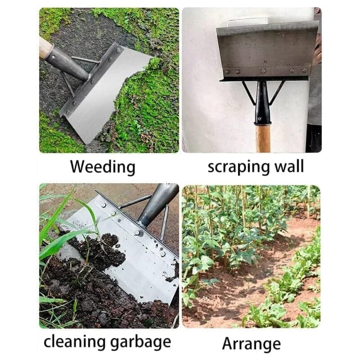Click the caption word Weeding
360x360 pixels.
coord(103,167)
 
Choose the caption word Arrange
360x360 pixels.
coord(251,344)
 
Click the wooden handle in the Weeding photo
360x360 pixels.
coord(45,47)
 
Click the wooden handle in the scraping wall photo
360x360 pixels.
coord(263,137)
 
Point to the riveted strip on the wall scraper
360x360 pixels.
coord(265,71)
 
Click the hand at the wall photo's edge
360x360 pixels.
coord(318,49)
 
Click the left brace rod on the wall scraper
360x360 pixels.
coord(249,93)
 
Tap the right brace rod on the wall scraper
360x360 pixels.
coord(277,92)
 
